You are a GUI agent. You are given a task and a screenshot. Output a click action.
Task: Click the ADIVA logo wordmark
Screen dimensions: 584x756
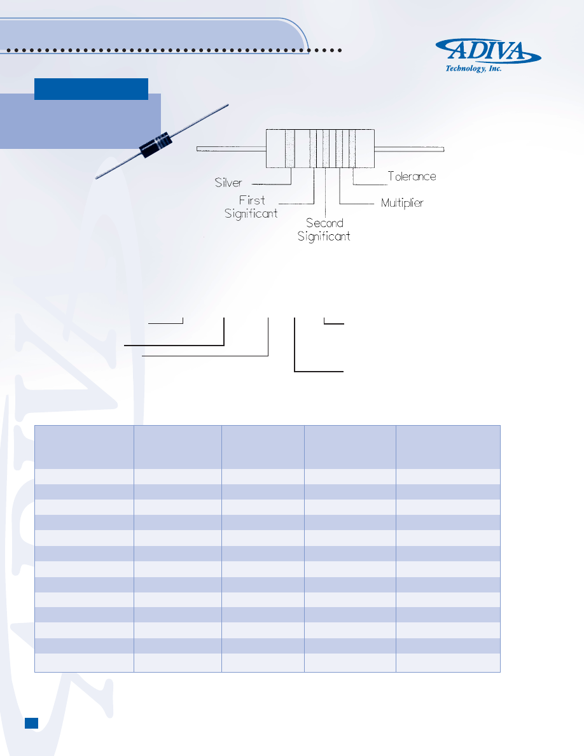pyautogui.click(x=488, y=51)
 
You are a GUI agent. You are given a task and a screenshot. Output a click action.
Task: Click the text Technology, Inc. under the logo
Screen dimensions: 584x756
pyautogui.click(x=473, y=69)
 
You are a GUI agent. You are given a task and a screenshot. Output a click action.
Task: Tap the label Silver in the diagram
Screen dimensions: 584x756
pyautogui.click(x=228, y=183)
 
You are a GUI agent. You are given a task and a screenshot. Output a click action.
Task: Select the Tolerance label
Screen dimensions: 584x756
pyautogui.click(x=412, y=176)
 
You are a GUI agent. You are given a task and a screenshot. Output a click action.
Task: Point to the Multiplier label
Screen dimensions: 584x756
pyautogui.click(x=402, y=203)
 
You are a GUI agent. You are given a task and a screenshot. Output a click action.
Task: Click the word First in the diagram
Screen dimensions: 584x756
pyautogui.click(x=252, y=200)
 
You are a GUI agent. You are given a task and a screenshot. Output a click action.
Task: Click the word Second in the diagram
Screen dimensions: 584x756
pyautogui.click(x=325, y=223)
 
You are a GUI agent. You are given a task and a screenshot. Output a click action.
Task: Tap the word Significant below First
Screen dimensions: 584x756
pyautogui.click(x=251, y=214)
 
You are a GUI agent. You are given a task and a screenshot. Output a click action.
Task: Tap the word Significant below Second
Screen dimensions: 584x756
pyautogui.click(x=324, y=236)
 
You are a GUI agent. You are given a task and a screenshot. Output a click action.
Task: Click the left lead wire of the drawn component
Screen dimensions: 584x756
pyautogui.click(x=232, y=149)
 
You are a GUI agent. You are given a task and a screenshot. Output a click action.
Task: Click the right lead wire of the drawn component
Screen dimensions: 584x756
pyautogui.click(x=409, y=149)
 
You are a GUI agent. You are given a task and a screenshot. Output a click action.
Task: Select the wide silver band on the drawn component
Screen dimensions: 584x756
pyautogui.click(x=289, y=148)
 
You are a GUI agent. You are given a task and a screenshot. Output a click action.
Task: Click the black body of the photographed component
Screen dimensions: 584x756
pyautogui.click(x=155, y=144)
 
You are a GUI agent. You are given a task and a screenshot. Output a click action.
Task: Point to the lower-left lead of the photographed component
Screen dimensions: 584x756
pyautogui.click(x=118, y=165)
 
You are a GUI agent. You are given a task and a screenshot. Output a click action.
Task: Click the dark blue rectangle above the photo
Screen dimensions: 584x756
pyautogui.click(x=91, y=89)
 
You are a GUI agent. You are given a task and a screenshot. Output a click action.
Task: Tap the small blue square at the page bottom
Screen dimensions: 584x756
pyautogui.click(x=31, y=723)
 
